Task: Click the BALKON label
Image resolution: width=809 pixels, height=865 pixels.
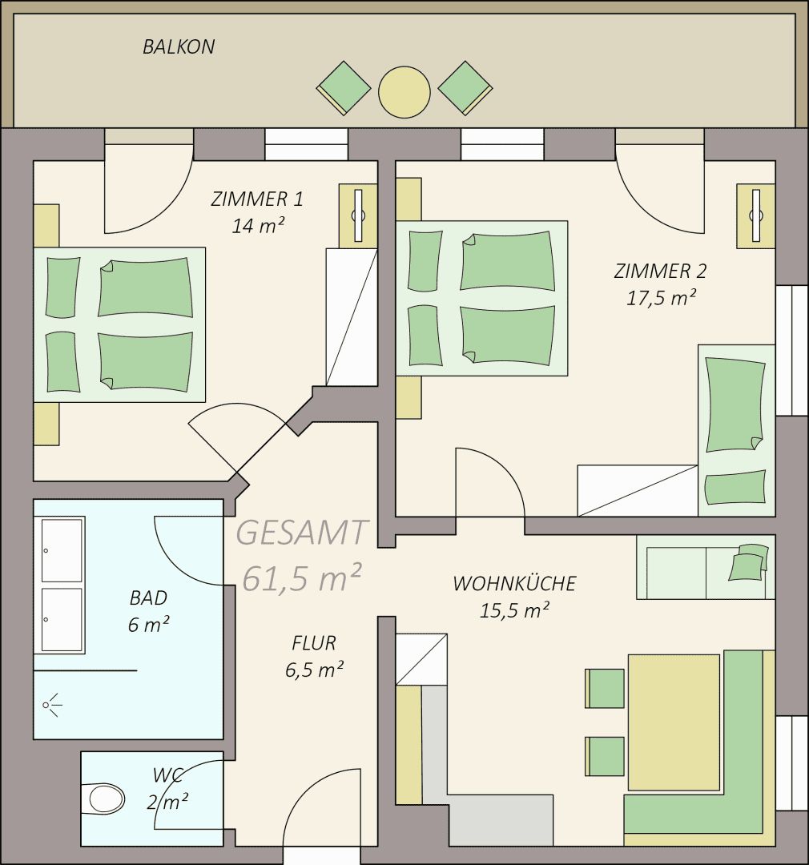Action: [179, 46]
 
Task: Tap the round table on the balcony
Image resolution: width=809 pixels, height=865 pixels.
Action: [404, 92]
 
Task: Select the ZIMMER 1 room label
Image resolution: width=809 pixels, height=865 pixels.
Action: [257, 199]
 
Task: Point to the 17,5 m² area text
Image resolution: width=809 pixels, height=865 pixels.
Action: [661, 298]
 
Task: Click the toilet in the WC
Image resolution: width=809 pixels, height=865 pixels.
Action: [107, 799]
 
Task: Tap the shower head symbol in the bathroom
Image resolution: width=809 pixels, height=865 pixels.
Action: [52, 705]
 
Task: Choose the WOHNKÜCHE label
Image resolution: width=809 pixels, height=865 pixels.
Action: [514, 582]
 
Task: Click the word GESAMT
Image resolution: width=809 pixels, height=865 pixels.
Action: [301, 533]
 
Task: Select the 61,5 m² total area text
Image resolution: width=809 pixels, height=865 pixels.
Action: [302, 577]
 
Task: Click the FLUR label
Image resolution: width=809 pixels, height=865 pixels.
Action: [314, 642]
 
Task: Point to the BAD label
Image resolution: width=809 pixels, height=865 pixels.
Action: [148, 597]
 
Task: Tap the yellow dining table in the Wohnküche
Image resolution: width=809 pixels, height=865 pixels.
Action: [674, 722]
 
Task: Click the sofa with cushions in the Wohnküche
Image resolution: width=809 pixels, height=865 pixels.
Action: [706, 567]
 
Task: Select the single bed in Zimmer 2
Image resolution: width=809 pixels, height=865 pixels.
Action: [737, 430]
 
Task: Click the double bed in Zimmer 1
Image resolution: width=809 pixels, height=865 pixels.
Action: [120, 324]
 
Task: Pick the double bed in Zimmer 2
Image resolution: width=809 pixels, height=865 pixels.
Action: [481, 299]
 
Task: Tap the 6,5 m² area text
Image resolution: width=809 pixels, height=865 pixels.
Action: [315, 669]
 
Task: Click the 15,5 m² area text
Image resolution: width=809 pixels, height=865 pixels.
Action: [514, 610]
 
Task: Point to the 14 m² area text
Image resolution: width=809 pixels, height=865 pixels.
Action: [258, 226]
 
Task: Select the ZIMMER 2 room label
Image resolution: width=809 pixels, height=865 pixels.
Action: [660, 271]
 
